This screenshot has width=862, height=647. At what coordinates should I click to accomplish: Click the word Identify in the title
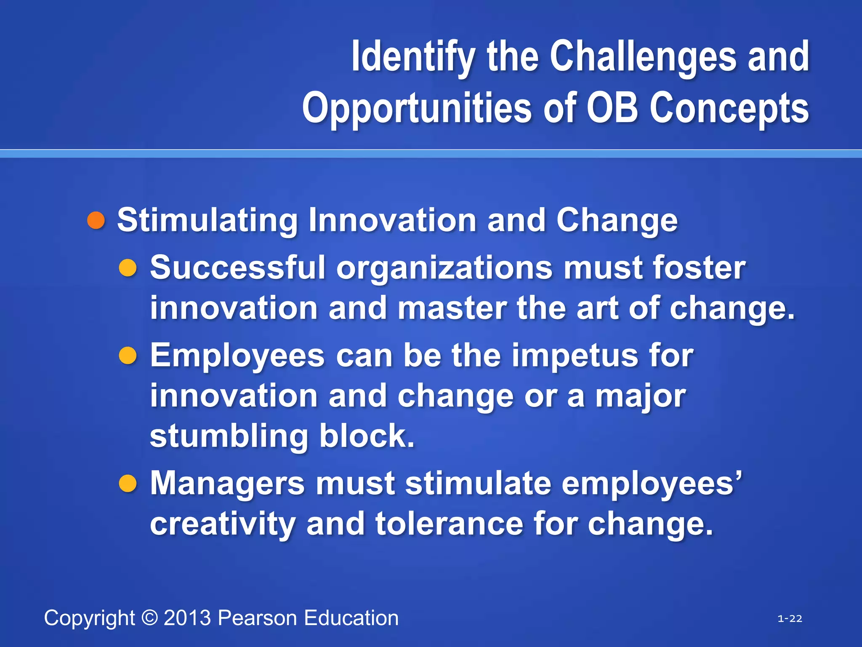pyautogui.click(x=412, y=57)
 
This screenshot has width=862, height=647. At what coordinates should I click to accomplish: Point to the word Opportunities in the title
pyautogui.click(x=417, y=109)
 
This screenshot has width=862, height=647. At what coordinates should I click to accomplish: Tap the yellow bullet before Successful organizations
pyautogui.click(x=128, y=268)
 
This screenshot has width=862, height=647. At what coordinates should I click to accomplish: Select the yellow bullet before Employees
pyautogui.click(x=128, y=356)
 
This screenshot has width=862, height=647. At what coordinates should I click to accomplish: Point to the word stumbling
pyautogui.click(x=229, y=436)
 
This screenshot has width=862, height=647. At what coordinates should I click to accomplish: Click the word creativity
pyautogui.click(x=223, y=524)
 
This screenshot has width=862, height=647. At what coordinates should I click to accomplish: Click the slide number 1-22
pyautogui.click(x=790, y=618)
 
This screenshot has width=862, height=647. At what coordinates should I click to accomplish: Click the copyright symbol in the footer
pyautogui.click(x=149, y=618)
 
